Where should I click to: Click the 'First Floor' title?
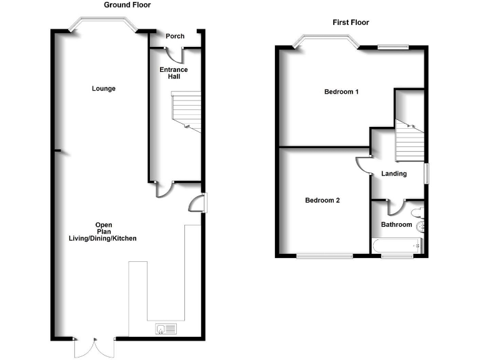(x=350, y=22)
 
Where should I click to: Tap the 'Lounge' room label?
(x=104, y=89)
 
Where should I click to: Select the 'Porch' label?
(x=175, y=36)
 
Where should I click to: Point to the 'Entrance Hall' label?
(x=173, y=73)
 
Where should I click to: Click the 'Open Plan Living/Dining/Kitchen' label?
(x=102, y=232)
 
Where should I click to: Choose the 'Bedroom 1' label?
(x=341, y=92)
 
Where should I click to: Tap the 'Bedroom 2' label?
(x=322, y=201)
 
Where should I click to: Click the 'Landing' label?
(x=394, y=174)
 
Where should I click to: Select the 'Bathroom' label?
(x=397, y=224)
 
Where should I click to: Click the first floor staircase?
(x=410, y=142)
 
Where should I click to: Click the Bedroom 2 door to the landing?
(x=363, y=164)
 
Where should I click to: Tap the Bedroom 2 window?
(x=324, y=255)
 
